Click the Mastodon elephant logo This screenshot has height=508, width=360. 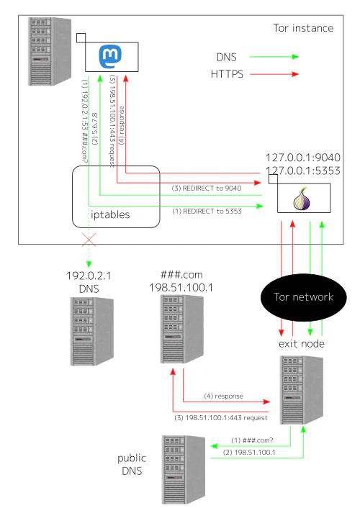click(x=109, y=54)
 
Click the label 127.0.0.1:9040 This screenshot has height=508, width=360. click(x=302, y=158)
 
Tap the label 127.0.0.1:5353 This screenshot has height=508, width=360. click(x=302, y=171)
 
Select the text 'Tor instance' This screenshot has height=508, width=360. click(x=303, y=28)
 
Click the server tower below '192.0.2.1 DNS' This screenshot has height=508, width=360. click(x=91, y=329)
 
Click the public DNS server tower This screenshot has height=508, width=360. click(x=182, y=468)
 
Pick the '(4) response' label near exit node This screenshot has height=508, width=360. click(x=223, y=396)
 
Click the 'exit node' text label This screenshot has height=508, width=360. click(x=301, y=344)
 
